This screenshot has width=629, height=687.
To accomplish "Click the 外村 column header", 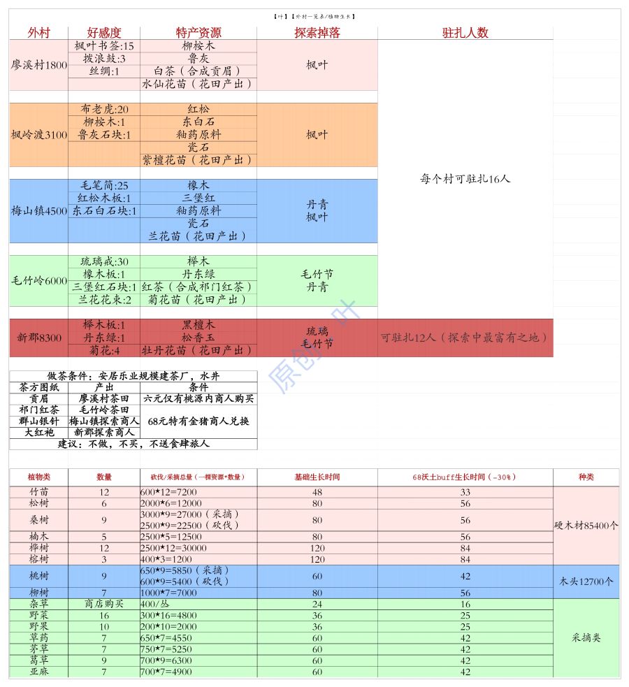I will pos(39,33).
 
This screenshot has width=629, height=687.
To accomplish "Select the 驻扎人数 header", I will pos(465,33).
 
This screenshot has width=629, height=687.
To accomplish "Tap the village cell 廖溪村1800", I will pos(39,65).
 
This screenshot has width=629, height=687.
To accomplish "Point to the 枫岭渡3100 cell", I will pos(39,135).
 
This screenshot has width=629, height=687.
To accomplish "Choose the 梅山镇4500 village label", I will pos(39,210).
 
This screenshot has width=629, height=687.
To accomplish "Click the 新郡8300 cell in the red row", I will pos(39,338).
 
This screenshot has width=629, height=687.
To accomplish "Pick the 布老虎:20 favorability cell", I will pos(104,110).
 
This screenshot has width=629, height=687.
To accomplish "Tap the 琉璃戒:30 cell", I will pos(104,261).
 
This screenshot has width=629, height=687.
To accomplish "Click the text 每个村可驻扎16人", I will pos(465,179).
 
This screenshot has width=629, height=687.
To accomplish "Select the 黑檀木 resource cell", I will pos(198,325).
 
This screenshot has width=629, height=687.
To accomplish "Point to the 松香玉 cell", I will pos(198,338).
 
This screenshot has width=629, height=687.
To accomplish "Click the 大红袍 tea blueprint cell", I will pos(39,433).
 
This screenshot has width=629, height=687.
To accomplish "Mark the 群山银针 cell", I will pos(39,421).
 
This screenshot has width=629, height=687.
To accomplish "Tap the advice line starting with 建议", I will pos(133,444).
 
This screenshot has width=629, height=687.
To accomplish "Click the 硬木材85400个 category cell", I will pos(586,526).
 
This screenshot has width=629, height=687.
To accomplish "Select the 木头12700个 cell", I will pos(586,581).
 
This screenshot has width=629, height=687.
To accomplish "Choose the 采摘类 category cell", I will pos(586,637).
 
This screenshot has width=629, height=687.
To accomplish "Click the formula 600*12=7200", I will pos(168,492).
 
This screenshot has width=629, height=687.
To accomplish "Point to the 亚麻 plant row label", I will pos(39,672).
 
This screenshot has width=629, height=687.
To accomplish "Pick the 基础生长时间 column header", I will pos(317,477).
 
